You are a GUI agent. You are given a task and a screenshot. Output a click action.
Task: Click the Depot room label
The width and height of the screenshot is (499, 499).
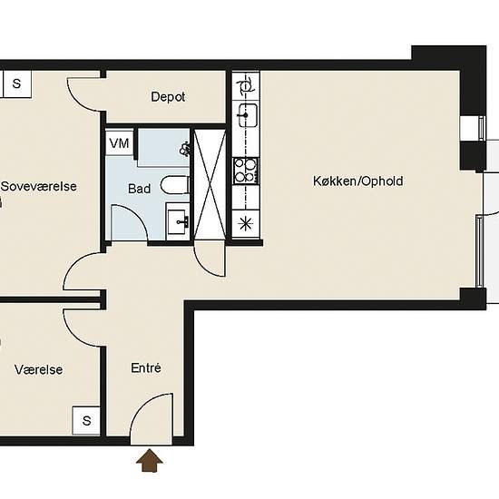[168, 97]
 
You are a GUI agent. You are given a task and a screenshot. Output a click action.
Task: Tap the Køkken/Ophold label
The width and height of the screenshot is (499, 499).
[358, 181]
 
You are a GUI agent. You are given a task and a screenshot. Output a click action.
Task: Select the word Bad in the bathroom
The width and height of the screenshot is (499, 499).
[139, 189]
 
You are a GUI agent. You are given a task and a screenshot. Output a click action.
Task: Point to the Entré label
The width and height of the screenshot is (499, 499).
[146, 367]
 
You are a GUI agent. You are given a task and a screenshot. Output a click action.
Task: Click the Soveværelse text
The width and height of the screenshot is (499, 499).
[39, 186]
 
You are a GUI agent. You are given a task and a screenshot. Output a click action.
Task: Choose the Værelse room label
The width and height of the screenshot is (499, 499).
[38, 369]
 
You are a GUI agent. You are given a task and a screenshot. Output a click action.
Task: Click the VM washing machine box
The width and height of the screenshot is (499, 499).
[120, 142]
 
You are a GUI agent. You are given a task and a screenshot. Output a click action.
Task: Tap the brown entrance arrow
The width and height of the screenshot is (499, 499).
[150, 460]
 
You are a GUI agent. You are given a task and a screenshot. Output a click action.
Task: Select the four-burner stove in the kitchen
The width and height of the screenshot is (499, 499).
[246, 171]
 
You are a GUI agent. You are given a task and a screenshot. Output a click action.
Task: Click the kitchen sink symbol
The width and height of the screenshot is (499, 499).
[248, 115]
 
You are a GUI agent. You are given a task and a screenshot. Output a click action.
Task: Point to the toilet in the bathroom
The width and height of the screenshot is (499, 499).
[176, 185]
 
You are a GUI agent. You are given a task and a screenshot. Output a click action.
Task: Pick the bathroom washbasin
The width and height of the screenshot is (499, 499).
[178, 220]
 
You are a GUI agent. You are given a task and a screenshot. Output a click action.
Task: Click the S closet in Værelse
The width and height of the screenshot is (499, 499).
[86, 420]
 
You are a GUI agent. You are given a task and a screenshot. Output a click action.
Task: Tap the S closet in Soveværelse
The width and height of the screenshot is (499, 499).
[17, 83]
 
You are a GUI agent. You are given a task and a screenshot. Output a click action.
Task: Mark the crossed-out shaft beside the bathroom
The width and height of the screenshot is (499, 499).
[210, 184]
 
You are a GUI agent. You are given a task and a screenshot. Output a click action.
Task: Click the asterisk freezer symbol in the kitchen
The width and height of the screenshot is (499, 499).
[245, 223]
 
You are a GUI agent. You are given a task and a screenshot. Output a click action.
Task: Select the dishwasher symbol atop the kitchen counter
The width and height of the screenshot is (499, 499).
[246, 86]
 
